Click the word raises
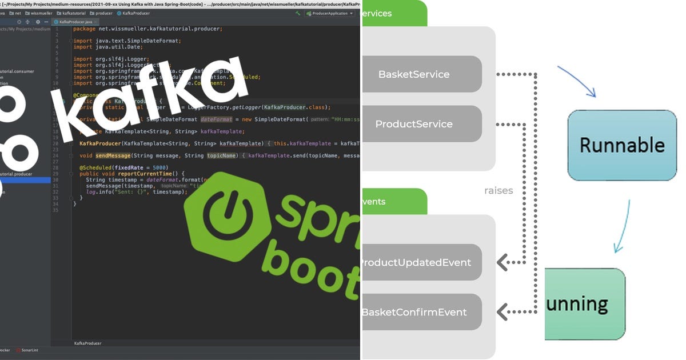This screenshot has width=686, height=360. tap(498, 190)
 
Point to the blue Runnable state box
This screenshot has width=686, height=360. tap(622, 145)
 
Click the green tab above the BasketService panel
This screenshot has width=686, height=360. tap(394, 13)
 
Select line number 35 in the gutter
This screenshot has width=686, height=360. tap(55, 210)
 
